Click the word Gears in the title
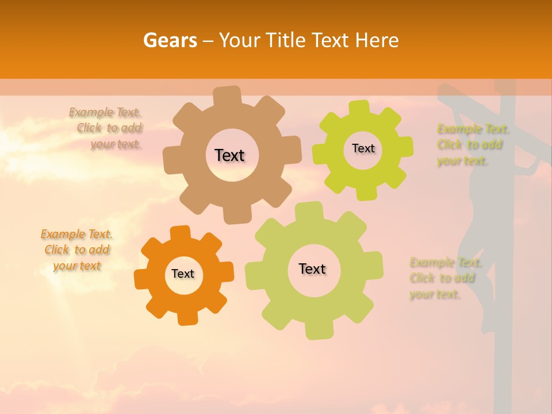pos(170,40)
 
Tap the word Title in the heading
pos(288,40)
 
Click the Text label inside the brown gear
pos(229,155)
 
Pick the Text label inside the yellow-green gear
pos(363,148)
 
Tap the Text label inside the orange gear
pos(183,274)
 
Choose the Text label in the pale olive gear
pos(312,269)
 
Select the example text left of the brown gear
pos(106,128)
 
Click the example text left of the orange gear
pos(76,250)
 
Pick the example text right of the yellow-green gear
pos(470,144)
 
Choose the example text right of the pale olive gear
pos(443,278)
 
